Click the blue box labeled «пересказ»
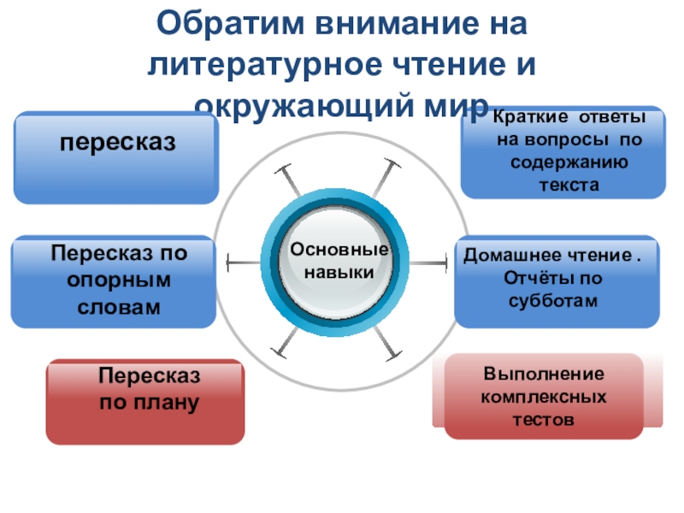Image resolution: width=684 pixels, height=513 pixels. [115, 158]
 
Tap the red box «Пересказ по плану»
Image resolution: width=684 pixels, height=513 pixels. [144, 402]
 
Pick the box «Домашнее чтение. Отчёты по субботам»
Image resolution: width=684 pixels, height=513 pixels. [557, 281]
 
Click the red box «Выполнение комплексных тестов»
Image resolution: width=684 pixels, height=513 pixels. [544, 397]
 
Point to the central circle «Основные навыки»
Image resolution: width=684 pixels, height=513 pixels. [337, 262]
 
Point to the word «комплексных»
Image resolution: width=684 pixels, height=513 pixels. [544, 398]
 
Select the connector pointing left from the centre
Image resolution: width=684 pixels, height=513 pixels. [245, 262]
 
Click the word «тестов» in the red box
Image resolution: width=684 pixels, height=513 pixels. [544, 420]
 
